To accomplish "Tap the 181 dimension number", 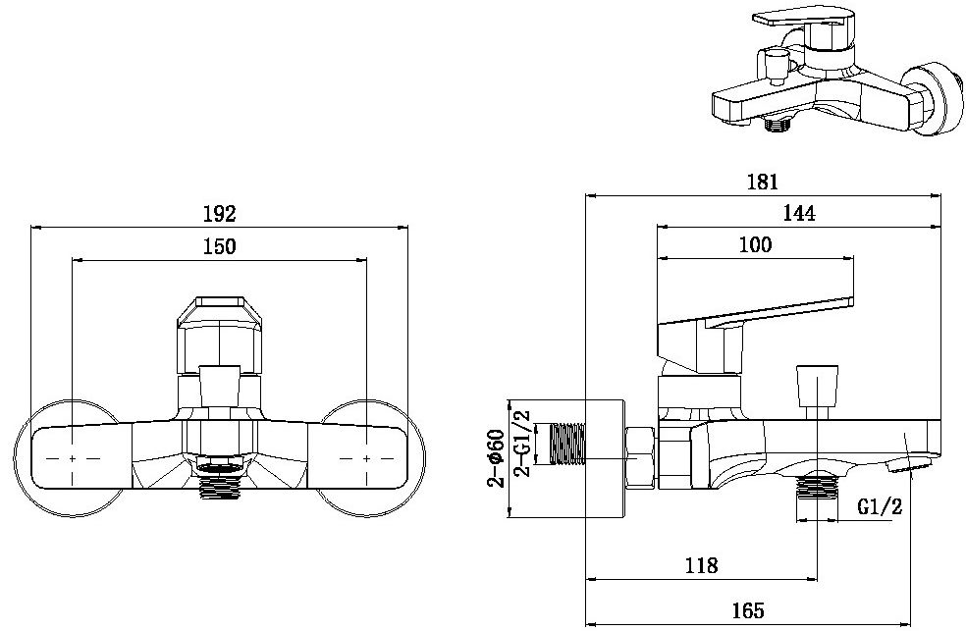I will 763,182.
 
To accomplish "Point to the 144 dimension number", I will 799,213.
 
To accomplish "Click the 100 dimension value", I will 754,244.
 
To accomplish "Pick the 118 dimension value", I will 701,565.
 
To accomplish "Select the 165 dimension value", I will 748,610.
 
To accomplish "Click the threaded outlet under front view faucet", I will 221,483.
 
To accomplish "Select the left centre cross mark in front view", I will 75,458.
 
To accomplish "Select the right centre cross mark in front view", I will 367,458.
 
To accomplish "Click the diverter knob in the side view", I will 819,387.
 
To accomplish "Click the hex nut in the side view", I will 641,456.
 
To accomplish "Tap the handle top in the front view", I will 221,312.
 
